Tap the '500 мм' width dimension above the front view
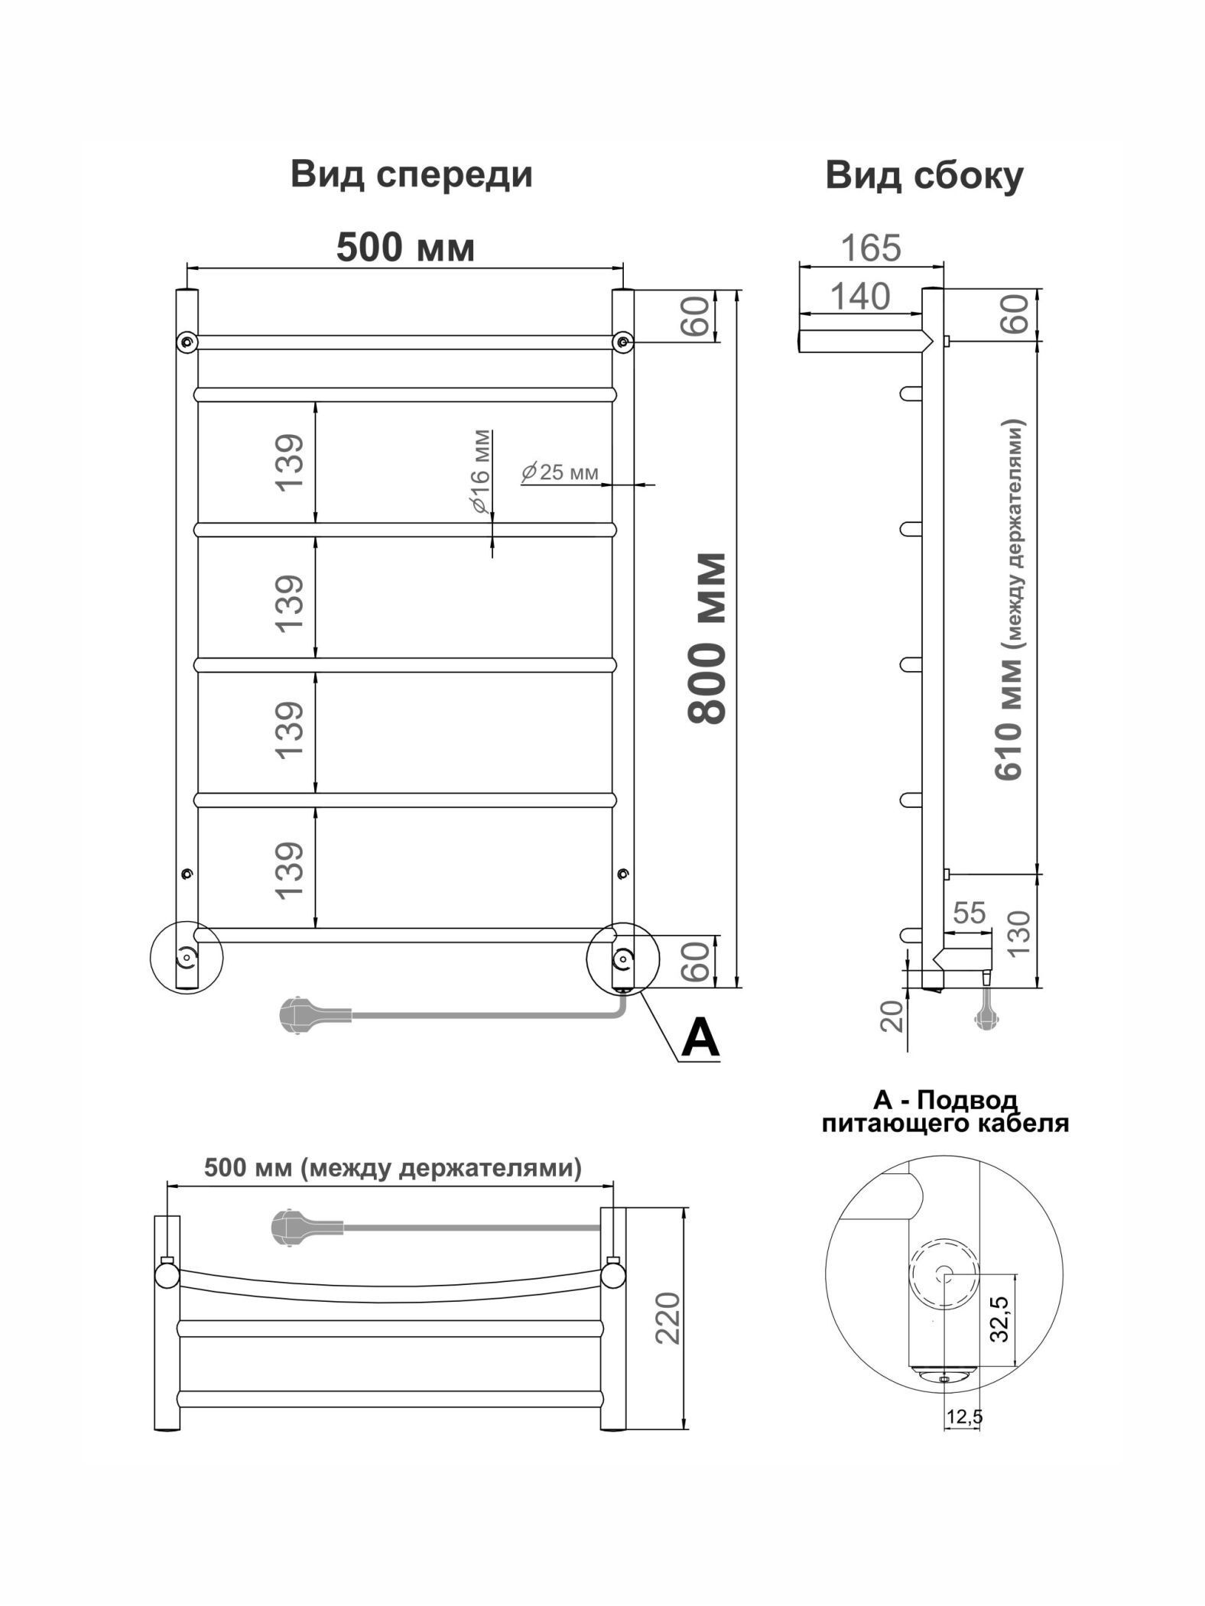tap(406, 247)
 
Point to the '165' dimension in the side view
tap(871, 248)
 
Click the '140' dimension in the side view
tap(860, 297)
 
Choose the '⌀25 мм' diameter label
tap(560, 472)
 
